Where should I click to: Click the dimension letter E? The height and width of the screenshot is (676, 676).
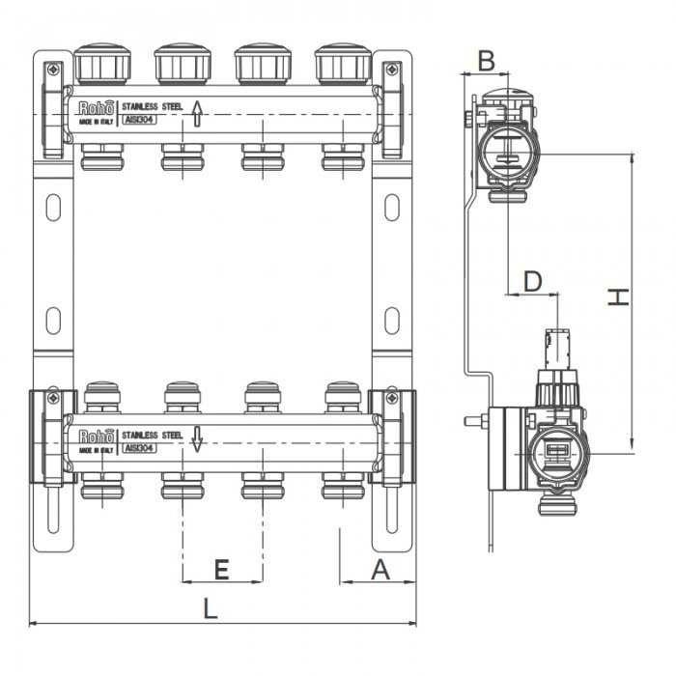point(221,570)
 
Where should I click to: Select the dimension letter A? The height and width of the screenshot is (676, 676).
point(380,570)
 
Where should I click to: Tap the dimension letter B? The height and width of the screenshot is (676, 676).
point(487,60)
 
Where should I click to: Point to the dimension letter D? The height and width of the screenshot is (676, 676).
point(532,281)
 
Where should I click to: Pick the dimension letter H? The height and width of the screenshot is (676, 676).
point(617,298)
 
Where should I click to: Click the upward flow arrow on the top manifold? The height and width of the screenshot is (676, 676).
point(196,115)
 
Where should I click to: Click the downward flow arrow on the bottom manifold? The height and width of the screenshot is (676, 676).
point(196,439)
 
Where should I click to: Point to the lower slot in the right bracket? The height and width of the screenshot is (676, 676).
point(392,318)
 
